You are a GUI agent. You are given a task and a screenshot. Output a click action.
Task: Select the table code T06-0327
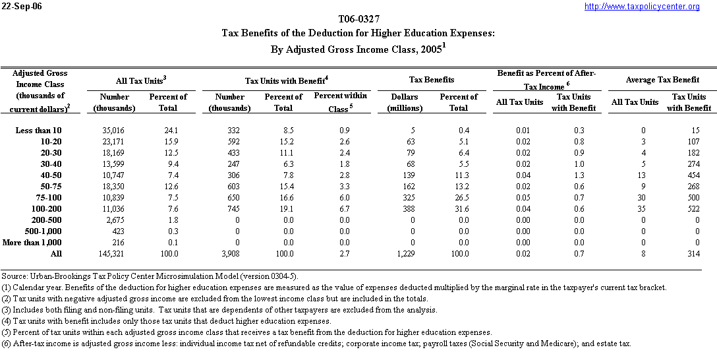coord(358,19)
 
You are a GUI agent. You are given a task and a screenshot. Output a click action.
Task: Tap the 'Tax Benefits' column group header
coord(432,80)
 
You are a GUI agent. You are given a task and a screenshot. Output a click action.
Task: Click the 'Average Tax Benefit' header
coord(662,80)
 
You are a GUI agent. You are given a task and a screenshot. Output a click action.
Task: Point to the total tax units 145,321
coord(111,254)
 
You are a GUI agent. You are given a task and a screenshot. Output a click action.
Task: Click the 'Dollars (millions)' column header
coord(405,102)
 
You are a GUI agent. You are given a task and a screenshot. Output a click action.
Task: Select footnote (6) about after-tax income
coord(316,344)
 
